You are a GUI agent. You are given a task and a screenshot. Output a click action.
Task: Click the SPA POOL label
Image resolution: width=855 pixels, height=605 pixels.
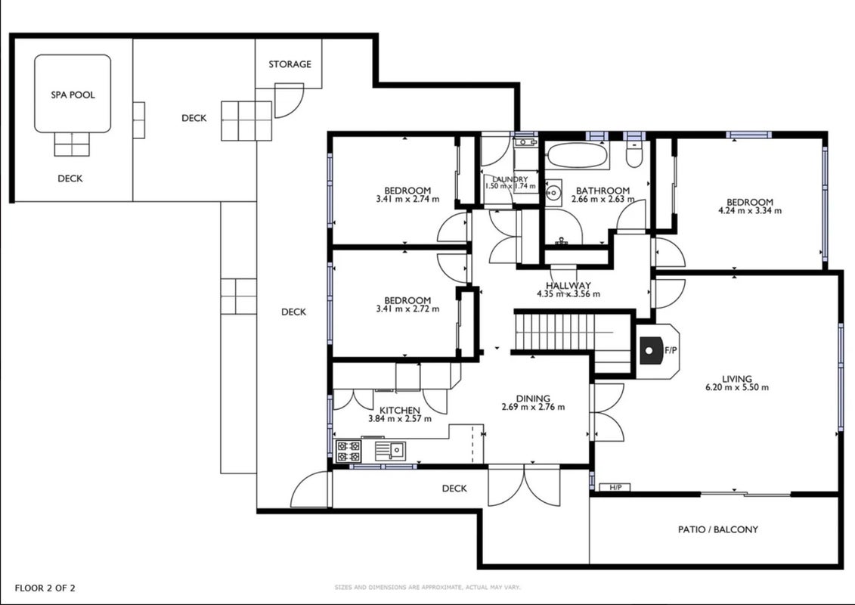point(73,95)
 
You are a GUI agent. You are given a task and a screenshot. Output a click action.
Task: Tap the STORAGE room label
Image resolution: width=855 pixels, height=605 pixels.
point(290,64)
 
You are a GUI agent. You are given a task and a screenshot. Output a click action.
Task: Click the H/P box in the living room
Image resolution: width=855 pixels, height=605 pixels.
point(615,487)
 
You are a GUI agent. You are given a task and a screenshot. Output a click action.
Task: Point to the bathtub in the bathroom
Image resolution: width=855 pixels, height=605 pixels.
point(578,156)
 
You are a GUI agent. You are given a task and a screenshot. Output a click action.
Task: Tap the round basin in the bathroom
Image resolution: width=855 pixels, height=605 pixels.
point(553,193)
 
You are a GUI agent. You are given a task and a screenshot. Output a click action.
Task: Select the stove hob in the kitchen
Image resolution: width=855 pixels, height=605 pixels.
point(349,451)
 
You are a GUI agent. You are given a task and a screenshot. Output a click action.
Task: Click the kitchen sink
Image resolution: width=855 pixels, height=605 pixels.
point(390,451)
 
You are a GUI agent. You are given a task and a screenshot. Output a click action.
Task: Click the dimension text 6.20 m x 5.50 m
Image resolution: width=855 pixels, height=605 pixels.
point(737,388)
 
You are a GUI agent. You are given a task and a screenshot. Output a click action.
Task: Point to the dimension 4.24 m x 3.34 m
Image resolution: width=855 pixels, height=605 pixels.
point(750,210)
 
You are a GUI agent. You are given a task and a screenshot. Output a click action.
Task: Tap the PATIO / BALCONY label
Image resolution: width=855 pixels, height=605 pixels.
point(717,529)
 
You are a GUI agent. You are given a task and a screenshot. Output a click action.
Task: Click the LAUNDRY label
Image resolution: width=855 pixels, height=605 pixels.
point(510,179)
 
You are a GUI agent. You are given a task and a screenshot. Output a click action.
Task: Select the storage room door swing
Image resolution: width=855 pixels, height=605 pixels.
point(289,101)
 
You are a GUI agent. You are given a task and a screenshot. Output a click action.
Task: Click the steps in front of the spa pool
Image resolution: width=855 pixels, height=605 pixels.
point(71,144)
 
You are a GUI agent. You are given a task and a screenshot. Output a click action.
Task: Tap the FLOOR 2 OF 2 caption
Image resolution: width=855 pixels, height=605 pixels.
point(45,588)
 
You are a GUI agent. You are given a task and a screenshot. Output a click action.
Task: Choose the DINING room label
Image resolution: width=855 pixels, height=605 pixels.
point(533,399)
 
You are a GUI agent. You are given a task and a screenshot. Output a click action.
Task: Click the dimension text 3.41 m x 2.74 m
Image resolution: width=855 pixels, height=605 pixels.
point(407,200)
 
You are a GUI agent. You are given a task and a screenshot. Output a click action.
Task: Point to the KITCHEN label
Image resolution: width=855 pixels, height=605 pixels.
point(400,410)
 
